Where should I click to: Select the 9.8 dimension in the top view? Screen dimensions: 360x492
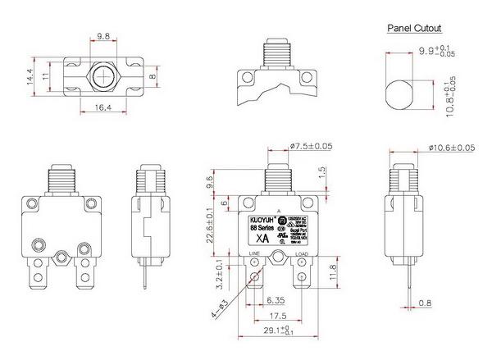103,37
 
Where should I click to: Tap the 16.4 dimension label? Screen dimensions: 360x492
102,107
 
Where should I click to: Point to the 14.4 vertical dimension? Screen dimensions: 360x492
30,77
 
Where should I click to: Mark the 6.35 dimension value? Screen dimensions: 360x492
275,299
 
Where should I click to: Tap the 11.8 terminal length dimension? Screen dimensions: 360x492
333,271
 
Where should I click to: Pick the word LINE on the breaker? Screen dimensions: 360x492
255,256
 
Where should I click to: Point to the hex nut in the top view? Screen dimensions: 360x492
103,76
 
